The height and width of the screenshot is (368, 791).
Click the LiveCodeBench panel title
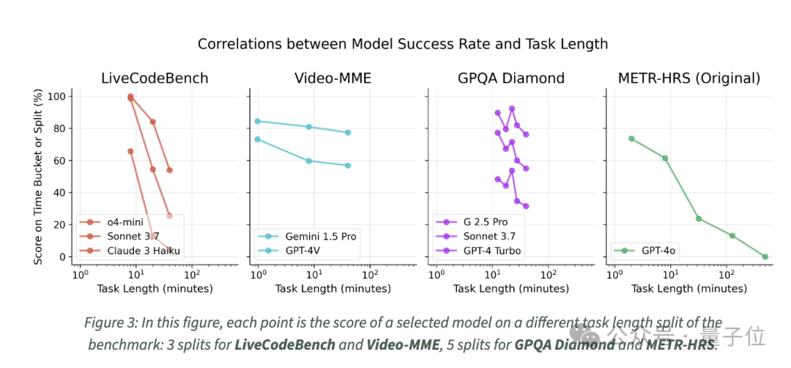pyautogui.click(x=154, y=78)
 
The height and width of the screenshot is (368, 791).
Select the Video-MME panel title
pyautogui.click(x=333, y=78)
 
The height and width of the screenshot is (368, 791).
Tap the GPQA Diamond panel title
pyautogui.click(x=510, y=78)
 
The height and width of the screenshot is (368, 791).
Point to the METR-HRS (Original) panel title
pyautogui.click(x=688, y=78)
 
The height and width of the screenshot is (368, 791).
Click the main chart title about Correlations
pyautogui.click(x=403, y=44)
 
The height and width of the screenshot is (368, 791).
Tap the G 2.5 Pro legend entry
pyautogui.click(x=485, y=222)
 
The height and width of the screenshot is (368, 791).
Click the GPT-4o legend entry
pyautogui.click(x=658, y=251)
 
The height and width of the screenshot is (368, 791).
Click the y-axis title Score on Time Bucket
pyautogui.click(x=37, y=177)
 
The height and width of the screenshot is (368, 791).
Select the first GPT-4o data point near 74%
pyautogui.click(x=631, y=139)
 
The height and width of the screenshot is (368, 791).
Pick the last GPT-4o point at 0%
pyautogui.click(x=765, y=257)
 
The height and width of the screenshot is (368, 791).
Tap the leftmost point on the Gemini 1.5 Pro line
pyautogui.click(x=257, y=121)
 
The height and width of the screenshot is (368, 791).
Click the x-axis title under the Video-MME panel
pyautogui.click(x=333, y=289)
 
